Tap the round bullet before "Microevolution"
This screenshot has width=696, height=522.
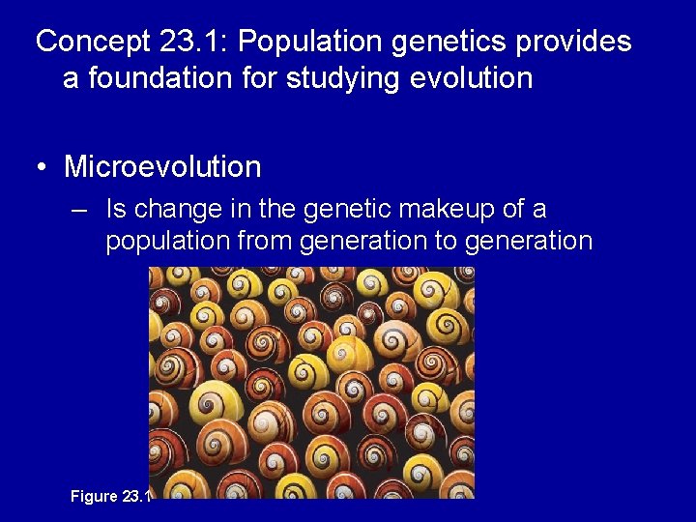[43, 167]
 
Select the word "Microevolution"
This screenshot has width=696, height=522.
[162, 166]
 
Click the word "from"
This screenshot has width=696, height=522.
[264, 241]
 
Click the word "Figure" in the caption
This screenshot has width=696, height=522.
[93, 497]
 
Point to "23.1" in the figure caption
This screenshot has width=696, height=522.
[136, 497]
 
